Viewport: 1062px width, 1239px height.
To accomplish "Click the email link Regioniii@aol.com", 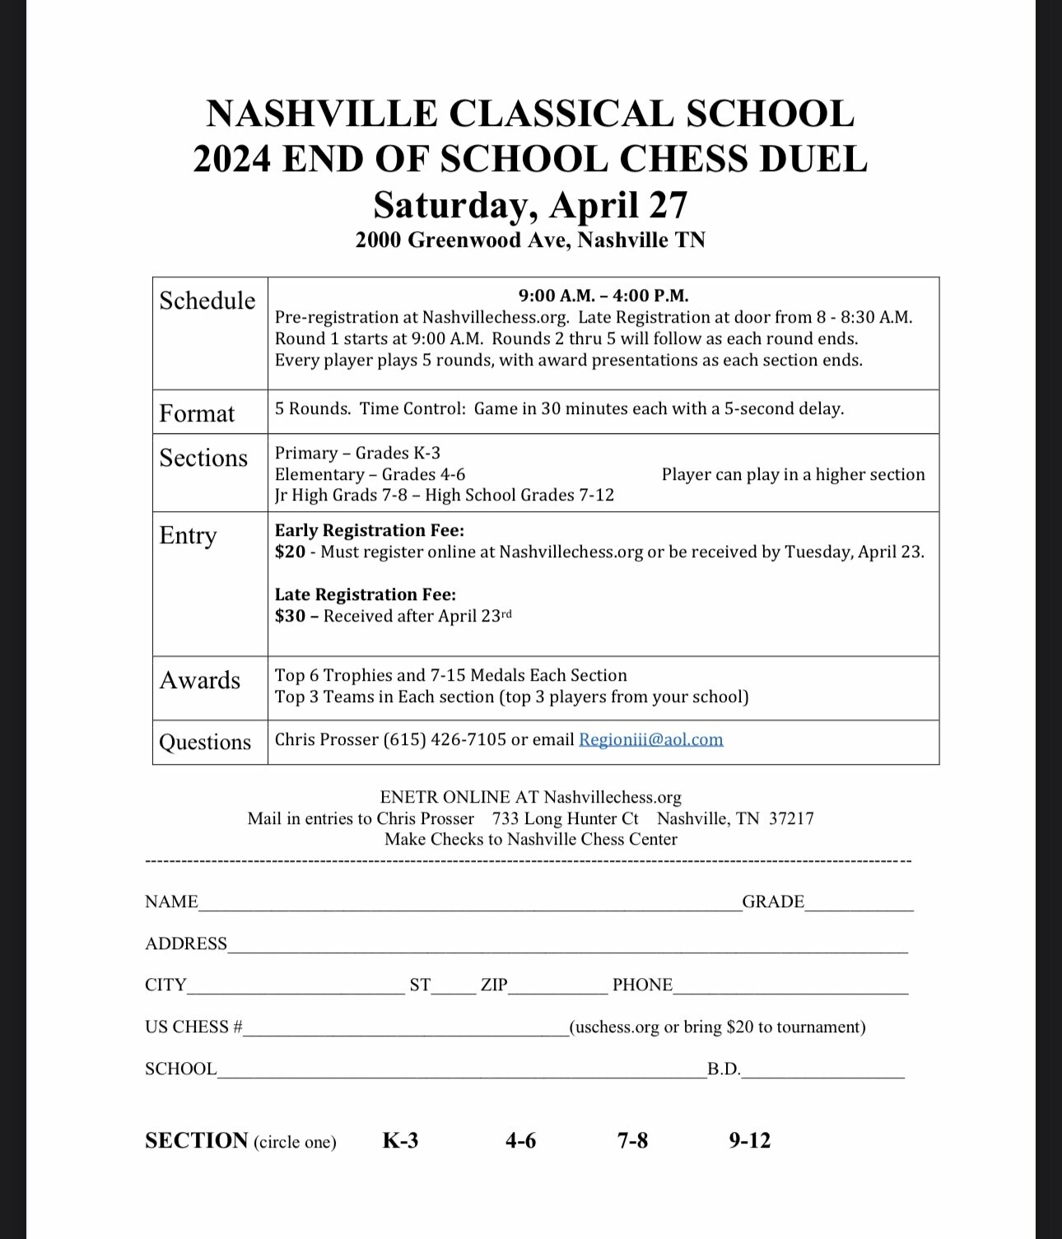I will point(650,739).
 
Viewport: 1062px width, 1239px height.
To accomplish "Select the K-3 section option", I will point(400,1140).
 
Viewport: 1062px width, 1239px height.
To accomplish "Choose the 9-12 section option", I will point(749,1140).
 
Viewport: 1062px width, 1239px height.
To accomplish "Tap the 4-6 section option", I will point(520,1140).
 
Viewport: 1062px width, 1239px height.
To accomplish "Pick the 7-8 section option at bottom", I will point(632,1140).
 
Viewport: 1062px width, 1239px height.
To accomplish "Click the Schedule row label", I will point(207,300).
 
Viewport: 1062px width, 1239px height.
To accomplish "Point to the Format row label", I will point(197,413).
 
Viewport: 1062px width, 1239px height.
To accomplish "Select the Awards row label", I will point(200,680).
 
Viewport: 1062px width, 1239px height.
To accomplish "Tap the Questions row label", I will point(205,742).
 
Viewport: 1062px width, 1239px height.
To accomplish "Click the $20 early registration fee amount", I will point(290,552).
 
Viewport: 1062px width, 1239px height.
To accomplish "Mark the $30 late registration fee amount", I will point(290,616).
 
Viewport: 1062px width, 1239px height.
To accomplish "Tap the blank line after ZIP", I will point(557,989).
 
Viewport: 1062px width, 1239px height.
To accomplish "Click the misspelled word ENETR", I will point(409,797).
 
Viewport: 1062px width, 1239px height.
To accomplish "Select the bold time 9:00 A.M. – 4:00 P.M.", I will point(603,296).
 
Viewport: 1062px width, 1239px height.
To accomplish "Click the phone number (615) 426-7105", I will point(445,739).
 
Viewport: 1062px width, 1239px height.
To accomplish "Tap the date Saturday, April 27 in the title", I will point(530,205).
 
